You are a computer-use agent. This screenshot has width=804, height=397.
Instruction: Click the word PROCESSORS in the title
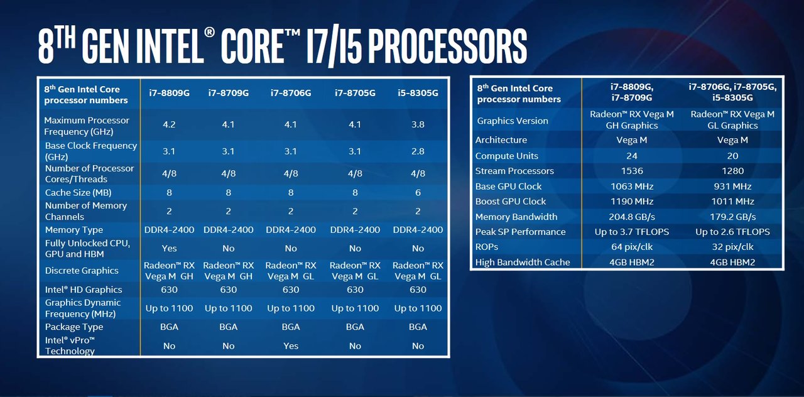click(448, 46)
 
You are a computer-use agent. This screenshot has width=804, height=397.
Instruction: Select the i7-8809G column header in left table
click(169, 93)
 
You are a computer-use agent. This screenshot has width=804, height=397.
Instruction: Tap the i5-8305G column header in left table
click(418, 93)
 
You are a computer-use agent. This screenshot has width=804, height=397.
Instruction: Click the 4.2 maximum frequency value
click(169, 124)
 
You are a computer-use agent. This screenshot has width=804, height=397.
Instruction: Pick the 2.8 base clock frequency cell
click(418, 151)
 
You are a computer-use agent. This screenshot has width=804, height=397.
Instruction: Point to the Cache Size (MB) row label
click(78, 193)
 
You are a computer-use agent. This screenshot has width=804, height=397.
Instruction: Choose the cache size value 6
click(418, 193)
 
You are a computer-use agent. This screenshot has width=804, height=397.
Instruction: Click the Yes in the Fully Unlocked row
click(169, 248)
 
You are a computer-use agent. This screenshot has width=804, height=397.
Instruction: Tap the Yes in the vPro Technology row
click(291, 346)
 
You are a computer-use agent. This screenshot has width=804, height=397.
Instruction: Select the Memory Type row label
click(74, 230)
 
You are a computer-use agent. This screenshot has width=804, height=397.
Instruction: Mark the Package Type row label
click(74, 327)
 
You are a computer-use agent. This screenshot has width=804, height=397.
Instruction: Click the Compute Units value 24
click(632, 156)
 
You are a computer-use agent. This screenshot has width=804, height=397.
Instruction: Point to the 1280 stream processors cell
click(732, 171)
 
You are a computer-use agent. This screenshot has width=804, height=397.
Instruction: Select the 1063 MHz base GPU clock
click(632, 187)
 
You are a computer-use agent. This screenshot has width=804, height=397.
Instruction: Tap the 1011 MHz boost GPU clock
click(732, 202)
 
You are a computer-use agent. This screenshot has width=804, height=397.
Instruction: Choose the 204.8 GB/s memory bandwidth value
click(632, 217)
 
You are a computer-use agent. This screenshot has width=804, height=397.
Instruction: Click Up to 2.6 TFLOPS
click(732, 232)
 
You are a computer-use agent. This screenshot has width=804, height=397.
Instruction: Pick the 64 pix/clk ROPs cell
click(632, 247)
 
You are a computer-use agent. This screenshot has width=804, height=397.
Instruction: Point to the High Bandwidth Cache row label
click(523, 263)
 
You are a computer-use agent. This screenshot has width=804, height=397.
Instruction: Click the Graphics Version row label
click(513, 121)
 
